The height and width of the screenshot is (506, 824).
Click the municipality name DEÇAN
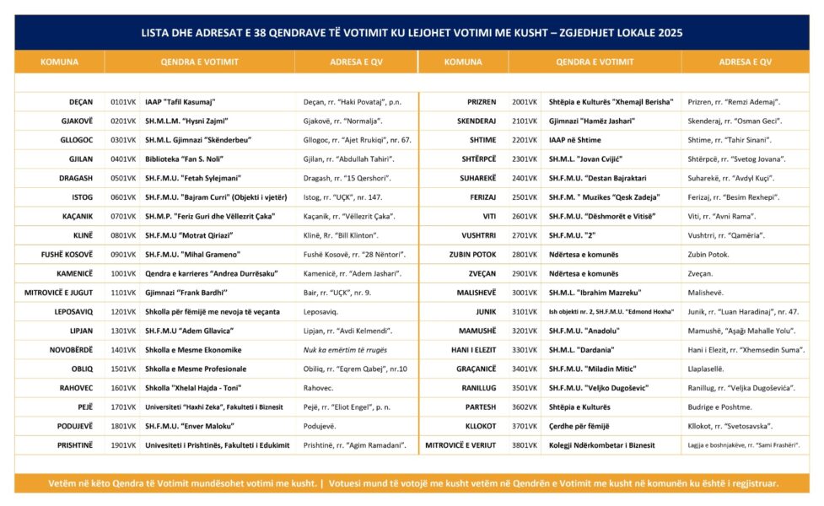[x=81, y=102]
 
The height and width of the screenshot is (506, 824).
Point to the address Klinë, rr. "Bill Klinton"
[x=341, y=235]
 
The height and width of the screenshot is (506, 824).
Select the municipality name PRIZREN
[x=482, y=102]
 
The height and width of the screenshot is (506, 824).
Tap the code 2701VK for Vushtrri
[x=525, y=235]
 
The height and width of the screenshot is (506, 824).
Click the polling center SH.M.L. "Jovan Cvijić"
[x=590, y=159]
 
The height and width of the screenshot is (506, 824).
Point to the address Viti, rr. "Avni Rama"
[x=721, y=216]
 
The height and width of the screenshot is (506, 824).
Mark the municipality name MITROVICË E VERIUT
[x=460, y=445]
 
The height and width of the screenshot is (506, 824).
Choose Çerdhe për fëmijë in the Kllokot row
[x=584, y=426]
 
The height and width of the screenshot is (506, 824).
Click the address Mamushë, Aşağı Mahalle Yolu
[x=742, y=331]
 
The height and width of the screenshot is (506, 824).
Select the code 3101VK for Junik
[x=525, y=312]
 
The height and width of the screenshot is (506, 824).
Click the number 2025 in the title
[x=666, y=33]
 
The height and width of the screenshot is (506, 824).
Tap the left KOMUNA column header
[x=59, y=62]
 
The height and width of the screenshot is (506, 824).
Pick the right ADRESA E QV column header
[x=745, y=62]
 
